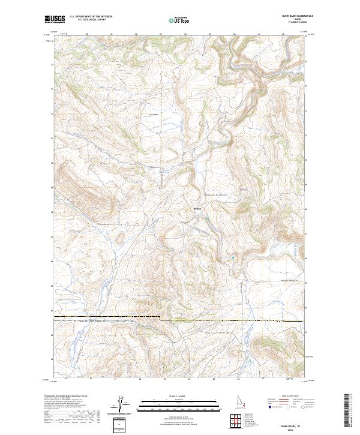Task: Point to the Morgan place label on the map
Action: pos(197,209)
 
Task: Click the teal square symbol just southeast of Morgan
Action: pos(209,218)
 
